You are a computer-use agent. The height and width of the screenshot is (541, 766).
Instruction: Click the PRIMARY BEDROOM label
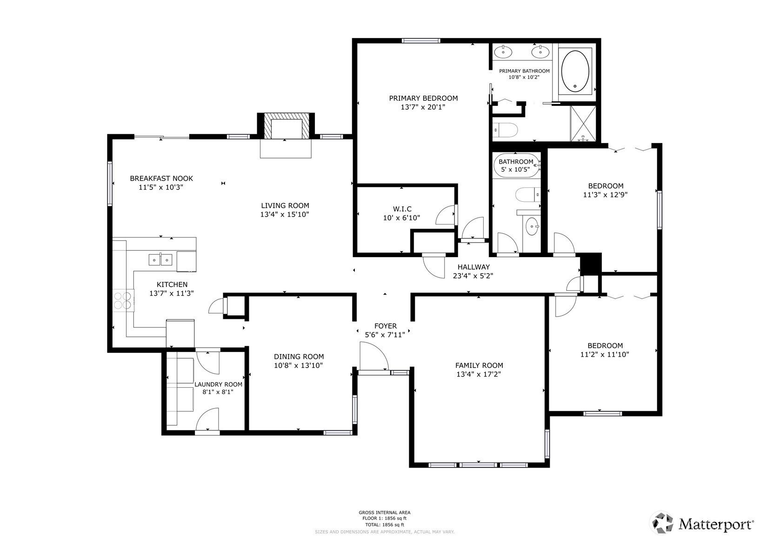pos(423,98)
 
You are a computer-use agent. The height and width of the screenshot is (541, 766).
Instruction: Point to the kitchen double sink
pos(160,259)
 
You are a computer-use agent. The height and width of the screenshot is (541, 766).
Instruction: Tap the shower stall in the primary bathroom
pos(583,124)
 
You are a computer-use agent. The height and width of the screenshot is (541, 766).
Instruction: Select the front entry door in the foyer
pos(373,357)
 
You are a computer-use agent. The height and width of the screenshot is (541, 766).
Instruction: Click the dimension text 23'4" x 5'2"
pos(473,276)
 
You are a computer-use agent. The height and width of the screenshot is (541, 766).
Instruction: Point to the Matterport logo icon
pos(661,523)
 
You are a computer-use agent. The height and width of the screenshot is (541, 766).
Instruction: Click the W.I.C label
pos(402,209)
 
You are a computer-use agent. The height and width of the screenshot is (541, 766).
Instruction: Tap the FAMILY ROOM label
pos(479,365)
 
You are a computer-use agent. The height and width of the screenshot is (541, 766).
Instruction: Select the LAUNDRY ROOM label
pos(218,384)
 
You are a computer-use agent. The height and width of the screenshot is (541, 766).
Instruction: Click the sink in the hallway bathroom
pos(531,227)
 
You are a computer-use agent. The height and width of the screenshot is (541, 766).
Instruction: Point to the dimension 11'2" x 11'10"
pos(605,354)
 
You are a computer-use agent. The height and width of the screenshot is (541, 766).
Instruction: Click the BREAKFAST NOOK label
pos(161,178)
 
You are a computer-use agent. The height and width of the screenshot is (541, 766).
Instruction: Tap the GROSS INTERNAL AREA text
pos(384,513)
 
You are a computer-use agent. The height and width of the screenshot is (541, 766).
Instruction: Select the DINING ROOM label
pos(299,356)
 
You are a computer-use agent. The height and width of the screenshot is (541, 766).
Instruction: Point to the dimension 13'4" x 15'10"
pos(285,214)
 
